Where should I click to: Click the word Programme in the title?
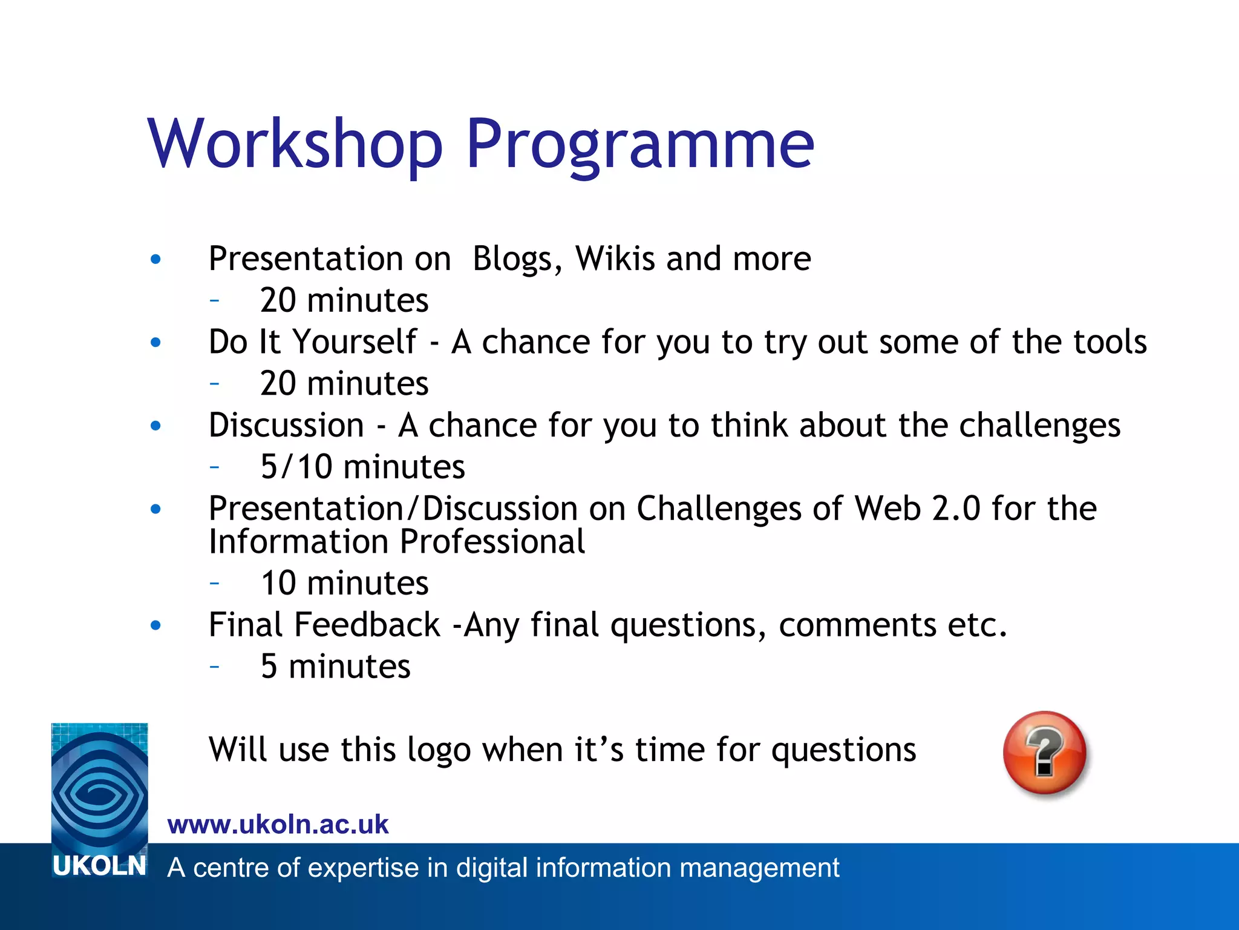639,144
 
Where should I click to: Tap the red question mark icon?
1044,752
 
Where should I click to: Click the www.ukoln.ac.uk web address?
278,825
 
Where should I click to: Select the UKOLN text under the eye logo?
99,866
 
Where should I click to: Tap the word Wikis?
615,259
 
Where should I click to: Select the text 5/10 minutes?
362,467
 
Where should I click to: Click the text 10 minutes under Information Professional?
344,583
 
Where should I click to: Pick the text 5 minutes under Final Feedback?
335,667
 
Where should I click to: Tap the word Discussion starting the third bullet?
286,425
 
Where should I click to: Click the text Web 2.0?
916,508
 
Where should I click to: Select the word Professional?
492,541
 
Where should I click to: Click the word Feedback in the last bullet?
367,625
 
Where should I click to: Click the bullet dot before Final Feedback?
156,625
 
